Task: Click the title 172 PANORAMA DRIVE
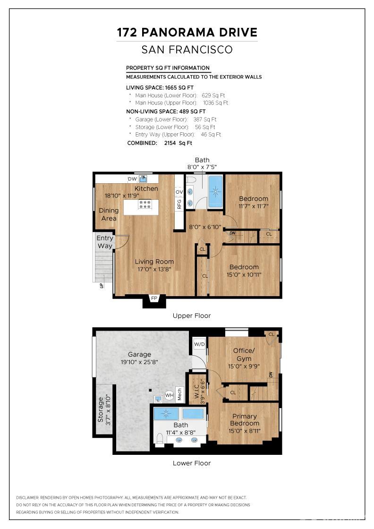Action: coord(187,32)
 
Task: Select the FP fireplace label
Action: coord(154,299)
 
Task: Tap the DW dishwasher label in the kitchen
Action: coord(132,179)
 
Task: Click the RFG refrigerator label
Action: coord(179,204)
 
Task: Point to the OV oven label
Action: coord(179,192)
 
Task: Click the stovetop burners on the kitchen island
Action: coord(144,205)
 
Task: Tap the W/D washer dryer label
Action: coord(199,344)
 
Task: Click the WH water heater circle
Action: coord(169,396)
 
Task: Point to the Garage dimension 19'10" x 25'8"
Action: coord(140,362)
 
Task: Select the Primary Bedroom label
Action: coord(245,420)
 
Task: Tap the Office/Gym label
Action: coord(244,355)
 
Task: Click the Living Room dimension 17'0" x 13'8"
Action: coord(154,269)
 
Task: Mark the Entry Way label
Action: coord(105,242)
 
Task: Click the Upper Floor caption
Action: coord(192,316)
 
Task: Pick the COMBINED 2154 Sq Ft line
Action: coord(160,143)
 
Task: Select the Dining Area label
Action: coord(109,214)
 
